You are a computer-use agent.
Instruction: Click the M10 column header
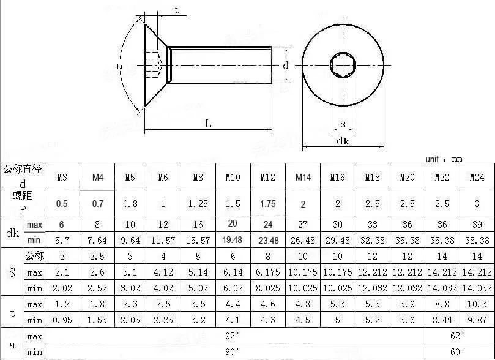pyautogui.click(x=233, y=178)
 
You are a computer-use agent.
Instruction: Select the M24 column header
pyautogui.click(x=477, y=178)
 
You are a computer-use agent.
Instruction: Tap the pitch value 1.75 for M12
pyautogui.click(x=267, y=204)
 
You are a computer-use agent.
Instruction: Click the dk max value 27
pyautogui.click(x=303, y=224)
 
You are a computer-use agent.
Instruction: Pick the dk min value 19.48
pyautogui.click(x=233, y=241)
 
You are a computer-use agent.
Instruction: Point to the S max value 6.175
pyautogui.click(x=267, y=272)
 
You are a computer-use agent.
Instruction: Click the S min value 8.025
pyautogui.click(x=267, y=288)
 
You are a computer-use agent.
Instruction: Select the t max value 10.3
pyautogui.click(x=477, y=304)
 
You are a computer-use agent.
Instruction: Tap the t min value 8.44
pyautogui.click(x=442, y=320)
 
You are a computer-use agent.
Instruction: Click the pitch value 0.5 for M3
pyautogui.click(x=62, y=204)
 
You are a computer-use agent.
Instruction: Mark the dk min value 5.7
pyautogui.click(x=62, y=241)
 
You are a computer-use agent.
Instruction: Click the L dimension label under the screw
pyautogui.click(x=208, y=123)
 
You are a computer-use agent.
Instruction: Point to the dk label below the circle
pyautogui.click(x=343, y=141)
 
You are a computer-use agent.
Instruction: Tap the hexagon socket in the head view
pyautogui.click(x=343, y=64)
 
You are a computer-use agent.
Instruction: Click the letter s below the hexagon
pyautogui.click(x=343, y=124)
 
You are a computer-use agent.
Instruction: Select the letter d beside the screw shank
pyautogui.click(x=285, y=65)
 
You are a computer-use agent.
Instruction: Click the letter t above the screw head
pyautogui.click(x=176, y=9)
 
